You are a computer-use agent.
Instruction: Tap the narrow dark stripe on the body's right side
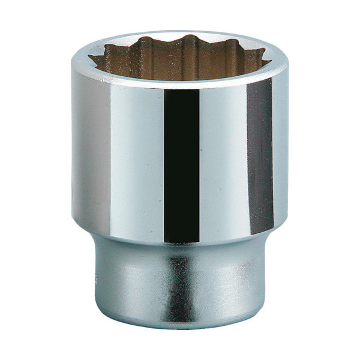(260, 156)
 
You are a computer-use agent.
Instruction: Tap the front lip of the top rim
(180, 83)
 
